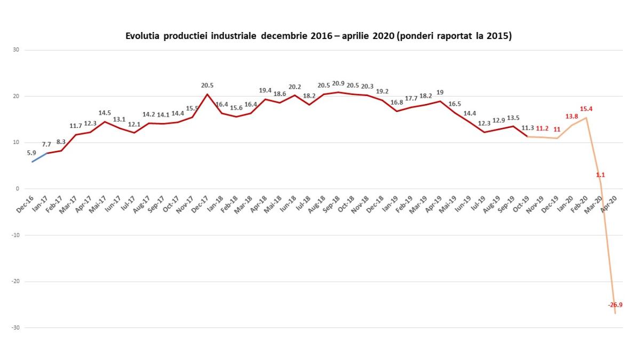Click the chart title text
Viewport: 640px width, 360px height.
318,36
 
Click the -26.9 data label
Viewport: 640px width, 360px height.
615,305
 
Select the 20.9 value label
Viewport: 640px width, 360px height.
338,84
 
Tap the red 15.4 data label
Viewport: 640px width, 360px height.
586,109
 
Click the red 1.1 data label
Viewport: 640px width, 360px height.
601,174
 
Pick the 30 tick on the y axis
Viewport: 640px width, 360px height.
16,50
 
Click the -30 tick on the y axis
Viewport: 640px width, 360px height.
15,327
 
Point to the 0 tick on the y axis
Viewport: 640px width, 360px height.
18,189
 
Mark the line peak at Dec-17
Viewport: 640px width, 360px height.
207,94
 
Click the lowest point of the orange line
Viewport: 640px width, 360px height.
615,313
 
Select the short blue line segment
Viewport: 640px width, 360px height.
39,157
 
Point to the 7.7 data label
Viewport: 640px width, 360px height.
47,144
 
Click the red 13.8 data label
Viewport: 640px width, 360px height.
571,116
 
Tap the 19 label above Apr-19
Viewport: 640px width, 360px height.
440,92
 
